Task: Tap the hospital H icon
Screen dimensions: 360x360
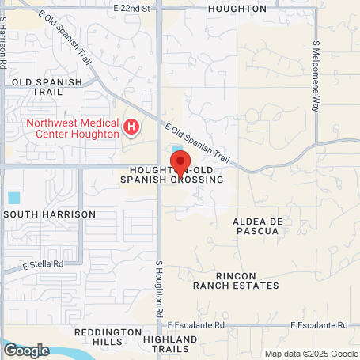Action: click(x=132, y=126)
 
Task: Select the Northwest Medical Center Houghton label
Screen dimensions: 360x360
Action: click(x=71, y=127)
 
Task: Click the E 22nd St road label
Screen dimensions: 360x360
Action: click(x=132, y=8)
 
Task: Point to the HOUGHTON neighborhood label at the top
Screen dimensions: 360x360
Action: click(x=237, y=8)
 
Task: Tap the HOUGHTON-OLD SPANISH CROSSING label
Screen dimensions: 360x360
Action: click(x=172, y=176)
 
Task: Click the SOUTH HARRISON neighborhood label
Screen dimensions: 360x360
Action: click(x=49, y=214)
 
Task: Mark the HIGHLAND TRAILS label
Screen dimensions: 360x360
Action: click(x=167, y=343)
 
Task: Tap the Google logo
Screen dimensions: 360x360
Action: click(x=25, y=350)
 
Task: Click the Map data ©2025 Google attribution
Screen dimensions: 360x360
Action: click(x=310, y=354)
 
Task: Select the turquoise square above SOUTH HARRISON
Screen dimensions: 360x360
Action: click(x=13, y=197)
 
